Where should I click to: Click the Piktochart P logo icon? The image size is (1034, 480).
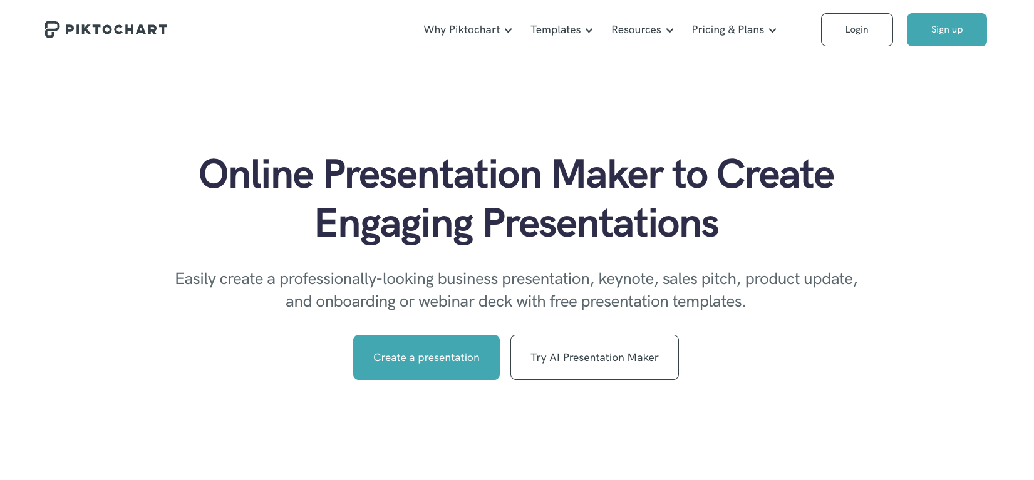(x=52, y=29)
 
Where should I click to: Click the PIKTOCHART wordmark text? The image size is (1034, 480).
(x=116, y=29)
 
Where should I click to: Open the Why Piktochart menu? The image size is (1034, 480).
(x=462, y=29)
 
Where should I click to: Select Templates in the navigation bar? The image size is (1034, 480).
(x=556, y=29)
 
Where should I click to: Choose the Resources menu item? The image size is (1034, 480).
(x=636, y=29)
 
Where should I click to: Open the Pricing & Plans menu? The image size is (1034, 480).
(x=728, y=29)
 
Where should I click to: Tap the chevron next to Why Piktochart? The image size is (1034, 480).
(x=508, y=31)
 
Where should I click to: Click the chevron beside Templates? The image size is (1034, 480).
(x=589, y=31)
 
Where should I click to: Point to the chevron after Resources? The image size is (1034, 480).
(x=670, y=31)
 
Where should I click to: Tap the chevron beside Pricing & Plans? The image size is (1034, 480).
(x=773, y=31)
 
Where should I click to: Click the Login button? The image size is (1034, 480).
(x=857, y=29)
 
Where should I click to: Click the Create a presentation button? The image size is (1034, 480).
(x=426, y=357)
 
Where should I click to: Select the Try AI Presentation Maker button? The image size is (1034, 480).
(x=594, y=357)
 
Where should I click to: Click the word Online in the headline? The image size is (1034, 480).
(x=256, y=175)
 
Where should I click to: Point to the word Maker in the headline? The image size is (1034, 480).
(x=607, y=175)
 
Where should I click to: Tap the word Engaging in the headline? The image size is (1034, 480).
(x=394, y=225)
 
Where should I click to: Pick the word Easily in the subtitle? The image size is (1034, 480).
(x=195, y=279)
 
